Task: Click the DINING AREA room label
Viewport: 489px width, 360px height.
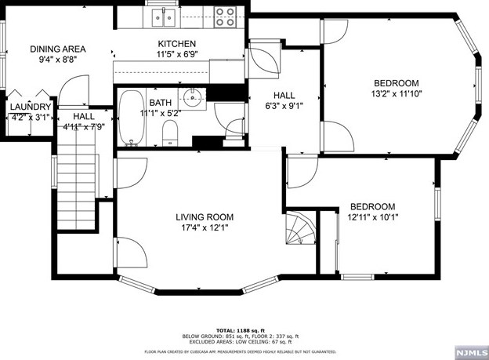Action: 57,49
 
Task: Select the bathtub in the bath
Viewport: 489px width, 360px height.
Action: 131,118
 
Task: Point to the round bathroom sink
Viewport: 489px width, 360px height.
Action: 191,97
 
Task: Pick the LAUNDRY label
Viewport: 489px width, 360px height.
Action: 31,107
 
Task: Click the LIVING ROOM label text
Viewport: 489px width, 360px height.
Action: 205,217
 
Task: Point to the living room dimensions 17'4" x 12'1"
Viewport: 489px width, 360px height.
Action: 205,228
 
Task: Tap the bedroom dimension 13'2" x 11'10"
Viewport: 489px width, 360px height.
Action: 395,95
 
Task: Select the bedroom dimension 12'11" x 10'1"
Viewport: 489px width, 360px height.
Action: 371,218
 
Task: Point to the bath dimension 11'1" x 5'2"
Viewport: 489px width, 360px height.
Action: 161,113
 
